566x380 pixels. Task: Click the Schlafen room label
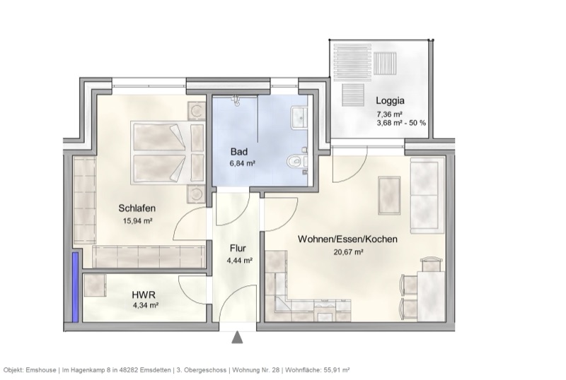[x=137, y=208]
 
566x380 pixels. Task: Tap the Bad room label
[x=238, y=152]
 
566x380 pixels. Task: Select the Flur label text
[x=237, y=249]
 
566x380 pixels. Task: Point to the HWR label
[x=144, y=294]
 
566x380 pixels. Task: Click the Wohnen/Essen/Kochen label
[x=347, y=239]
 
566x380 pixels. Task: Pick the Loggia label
[x=391, y=100]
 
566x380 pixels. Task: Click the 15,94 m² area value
[x=138, y=220]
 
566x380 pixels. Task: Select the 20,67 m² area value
[x=348, y=251]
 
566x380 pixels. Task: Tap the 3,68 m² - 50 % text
[x=401, y=123]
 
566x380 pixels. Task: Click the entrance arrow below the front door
[x=237, y=338]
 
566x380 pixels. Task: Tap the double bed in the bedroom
[x=161, y=152]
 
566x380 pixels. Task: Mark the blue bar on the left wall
[x=74, y=287]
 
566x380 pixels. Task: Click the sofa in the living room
[x=428, y=195]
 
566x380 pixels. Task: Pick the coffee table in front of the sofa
[x=390, y=194]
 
